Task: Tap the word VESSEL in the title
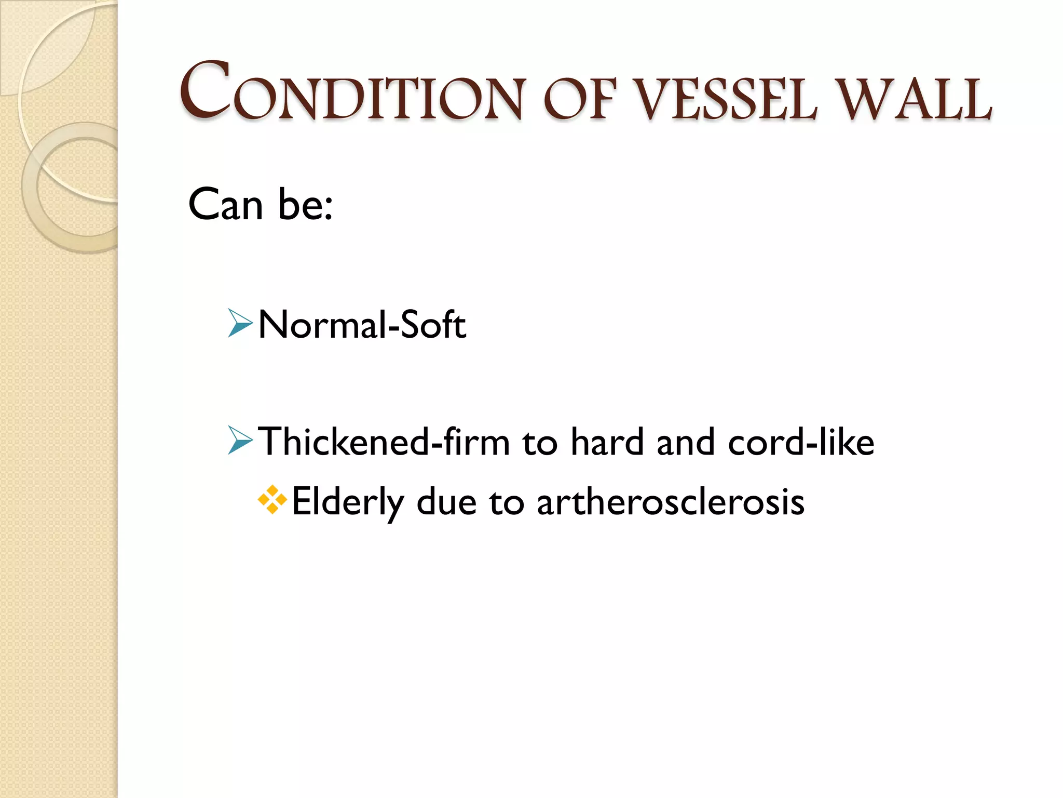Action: [726, 99]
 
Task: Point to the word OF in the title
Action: [580, 99]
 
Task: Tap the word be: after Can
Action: [305, 204]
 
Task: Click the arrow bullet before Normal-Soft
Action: [240, 323]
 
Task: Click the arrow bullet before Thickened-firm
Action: [240, 440]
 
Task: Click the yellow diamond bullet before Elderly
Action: [272, 500]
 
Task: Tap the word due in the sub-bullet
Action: [446, 502]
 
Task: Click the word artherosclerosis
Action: [671, 502]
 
